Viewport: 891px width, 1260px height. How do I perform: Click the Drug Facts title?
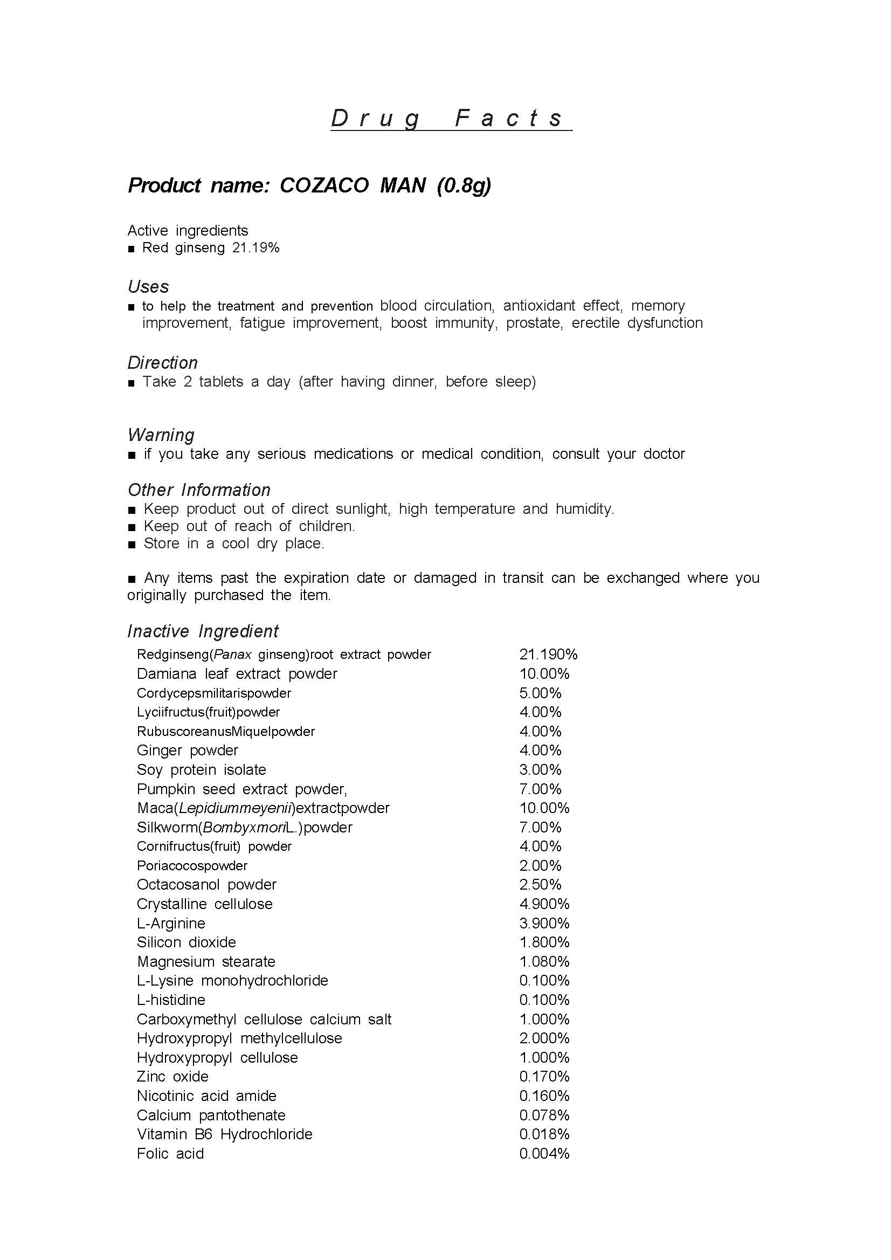point(451,118)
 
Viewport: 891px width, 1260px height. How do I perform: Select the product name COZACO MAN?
point(353,185)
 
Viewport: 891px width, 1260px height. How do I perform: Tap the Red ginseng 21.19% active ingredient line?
point(211,247)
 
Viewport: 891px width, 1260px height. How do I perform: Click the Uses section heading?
point(148,286)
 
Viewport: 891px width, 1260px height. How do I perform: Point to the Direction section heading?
point(162,363)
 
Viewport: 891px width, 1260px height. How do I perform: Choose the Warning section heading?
point(161,435)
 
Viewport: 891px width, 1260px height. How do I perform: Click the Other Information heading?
point(199,490)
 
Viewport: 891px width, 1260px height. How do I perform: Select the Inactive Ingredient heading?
point(203,631)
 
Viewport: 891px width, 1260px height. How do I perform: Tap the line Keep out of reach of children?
point(249,526)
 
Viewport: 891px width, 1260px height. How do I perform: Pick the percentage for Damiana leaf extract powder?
point(544,673)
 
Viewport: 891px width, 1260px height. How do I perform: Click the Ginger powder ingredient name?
point(188,750)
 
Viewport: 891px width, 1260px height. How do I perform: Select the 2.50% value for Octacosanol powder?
point(541,884)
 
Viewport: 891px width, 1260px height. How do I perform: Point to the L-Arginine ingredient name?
point(171,923)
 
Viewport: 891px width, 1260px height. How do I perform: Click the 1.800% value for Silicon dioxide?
point(544,942)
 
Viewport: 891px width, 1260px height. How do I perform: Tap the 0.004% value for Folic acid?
point(544,1153)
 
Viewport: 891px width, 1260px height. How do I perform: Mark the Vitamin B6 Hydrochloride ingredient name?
point(224,1134)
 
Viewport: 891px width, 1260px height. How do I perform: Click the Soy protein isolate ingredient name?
point(202,769)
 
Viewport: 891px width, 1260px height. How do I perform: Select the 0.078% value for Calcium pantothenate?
point(544,1115)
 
